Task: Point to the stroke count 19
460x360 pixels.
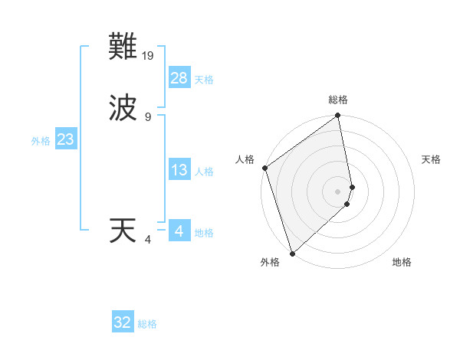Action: tap(149, 56)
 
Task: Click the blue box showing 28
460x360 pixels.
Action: tap(179, 77)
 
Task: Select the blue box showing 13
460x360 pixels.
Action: tap(179, 170)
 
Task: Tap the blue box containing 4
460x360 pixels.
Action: tap(179, 231)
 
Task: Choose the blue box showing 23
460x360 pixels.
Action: tap(65, 139)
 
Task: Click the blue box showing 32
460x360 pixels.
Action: tap(123, 322)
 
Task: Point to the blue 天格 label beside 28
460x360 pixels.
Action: tap(204, 79)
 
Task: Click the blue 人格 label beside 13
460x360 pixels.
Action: tap(204, 172)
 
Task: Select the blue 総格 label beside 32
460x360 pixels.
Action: tap(147, 324)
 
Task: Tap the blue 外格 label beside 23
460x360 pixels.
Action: tap(41, 141)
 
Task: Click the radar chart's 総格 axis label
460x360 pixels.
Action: tap(338, 100)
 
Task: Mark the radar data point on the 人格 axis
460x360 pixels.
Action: tap(264, 168)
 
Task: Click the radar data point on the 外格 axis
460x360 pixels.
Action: tap(292, 253)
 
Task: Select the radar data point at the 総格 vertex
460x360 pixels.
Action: tap(338, 116)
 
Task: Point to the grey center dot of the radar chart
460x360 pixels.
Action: tap(338, 191)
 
